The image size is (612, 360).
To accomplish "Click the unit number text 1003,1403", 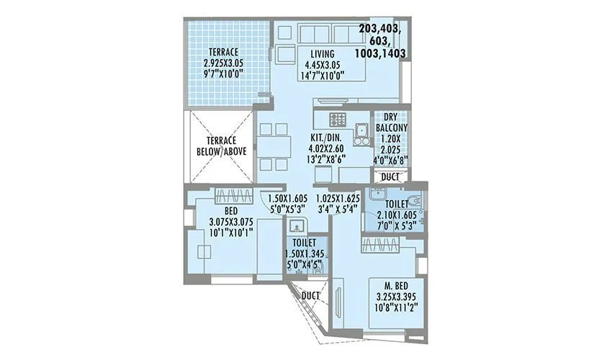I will coord(380,53).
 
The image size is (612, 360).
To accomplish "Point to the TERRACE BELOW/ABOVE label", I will coord(217,146).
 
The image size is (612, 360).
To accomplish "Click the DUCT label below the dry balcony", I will coord(390,176).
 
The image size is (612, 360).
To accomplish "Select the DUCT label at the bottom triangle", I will coord(311,294).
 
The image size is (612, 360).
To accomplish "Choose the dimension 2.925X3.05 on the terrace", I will coord(223,63).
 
